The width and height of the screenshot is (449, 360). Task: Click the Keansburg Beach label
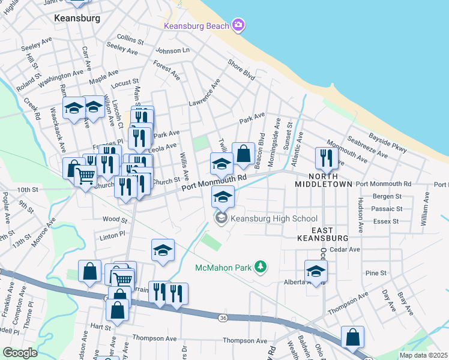(197, 26)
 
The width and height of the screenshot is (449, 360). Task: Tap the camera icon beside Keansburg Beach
(239, 25)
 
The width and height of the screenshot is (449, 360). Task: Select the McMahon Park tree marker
(261, 266)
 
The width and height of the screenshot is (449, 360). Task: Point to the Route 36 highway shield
(223, 317)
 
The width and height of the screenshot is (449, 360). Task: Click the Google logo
(20, 353)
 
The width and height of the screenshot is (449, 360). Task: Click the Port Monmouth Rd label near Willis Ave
(215, 184)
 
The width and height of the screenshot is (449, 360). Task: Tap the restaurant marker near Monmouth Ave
(324, 158)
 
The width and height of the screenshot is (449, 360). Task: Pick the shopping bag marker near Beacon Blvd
(243, 154)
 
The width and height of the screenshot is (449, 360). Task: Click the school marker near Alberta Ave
(316, 271)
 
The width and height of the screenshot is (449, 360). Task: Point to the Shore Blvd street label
(241, 70)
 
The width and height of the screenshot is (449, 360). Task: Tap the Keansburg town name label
(77, 19)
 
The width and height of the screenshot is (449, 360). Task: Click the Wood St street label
(112, 220)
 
